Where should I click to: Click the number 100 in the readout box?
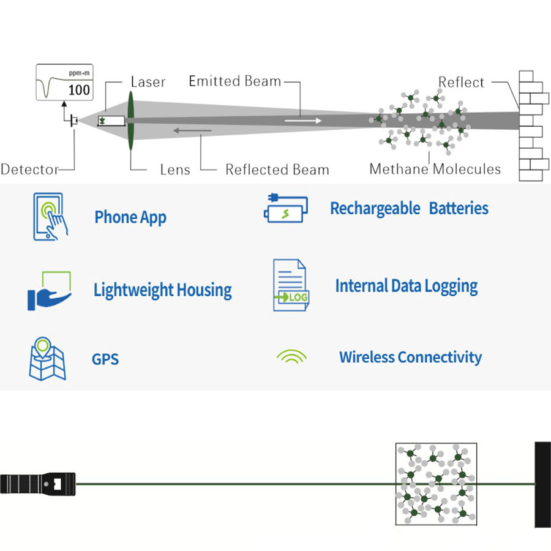(x=79, y=90)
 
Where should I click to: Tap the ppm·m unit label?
(x=79, y=73)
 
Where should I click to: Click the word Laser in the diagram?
(x=148, y=82)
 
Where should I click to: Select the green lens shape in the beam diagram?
(x=131, y=121)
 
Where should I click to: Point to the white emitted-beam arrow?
(x=303, y=121)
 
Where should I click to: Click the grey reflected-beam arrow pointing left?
(x=193, y=131)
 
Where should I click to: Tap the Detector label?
(x=29, y=170)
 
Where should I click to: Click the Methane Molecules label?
(x=435, y=169)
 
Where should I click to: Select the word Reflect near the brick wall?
(x=461, y=82)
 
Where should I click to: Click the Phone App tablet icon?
(x=50, y=217)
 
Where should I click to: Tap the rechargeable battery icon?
(x=286, y=208)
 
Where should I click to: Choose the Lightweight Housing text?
(x=163, y=290)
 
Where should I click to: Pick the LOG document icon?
(x=291, y=285)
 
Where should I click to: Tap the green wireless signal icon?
(x=291, y=356)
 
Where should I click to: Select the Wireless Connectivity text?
(x=410, y=358)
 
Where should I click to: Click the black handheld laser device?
(x=38, y=484)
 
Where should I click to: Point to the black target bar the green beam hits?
(x=543, y=485)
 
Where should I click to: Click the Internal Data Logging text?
(x=407, y=287)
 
